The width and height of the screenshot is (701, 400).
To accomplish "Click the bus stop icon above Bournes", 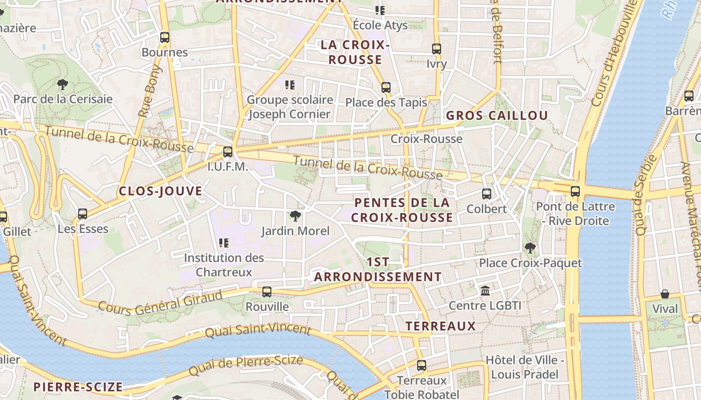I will (164, 37).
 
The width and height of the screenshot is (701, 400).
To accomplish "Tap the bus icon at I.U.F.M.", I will (228, 151).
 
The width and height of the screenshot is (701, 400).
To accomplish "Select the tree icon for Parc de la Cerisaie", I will (63, 84).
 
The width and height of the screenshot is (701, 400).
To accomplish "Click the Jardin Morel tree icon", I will (295, 216).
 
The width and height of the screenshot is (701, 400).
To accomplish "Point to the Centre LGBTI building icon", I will (485, 290).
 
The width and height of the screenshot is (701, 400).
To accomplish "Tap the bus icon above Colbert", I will (486, 194).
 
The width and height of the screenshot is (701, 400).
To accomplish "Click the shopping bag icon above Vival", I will (665, 293).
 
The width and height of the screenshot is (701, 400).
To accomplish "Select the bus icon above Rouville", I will (267, 291).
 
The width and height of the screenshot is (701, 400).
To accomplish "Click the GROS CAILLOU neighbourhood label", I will (497, 116).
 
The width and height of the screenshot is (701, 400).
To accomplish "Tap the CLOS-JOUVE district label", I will (160, 191).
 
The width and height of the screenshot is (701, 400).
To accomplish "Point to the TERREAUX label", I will (440, 326).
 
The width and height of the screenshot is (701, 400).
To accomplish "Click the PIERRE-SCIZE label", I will (78, 387).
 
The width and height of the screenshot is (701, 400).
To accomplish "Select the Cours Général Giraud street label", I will (160, 302).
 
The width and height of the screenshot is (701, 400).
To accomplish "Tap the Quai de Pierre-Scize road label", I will (246, 366).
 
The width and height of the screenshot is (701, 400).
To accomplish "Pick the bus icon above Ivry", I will (437, 49).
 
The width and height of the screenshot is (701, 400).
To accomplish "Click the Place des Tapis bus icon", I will (386, 87).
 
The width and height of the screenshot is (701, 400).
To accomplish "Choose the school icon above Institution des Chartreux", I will (224, 243).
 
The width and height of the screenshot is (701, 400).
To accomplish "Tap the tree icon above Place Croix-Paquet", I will (530, 248).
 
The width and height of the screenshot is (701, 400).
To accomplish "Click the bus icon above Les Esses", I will (83, 214).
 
